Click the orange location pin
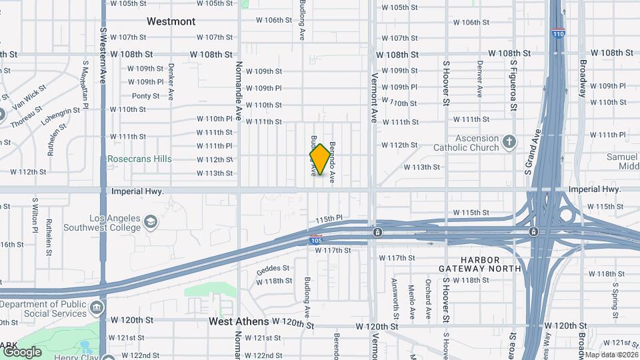click(x=320, y=159)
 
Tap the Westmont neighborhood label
click(x=171, y=21)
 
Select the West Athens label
click(x=239, y=321)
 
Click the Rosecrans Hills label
click(x=139, y=159)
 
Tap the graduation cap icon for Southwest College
click(x=151, y=221)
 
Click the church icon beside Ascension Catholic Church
click(x=509, y=141)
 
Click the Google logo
click(x=22, y=351)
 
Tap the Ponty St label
click(x=145, y=96)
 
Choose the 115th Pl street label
click(x=329, y=219)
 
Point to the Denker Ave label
click(x=171, y=81)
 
